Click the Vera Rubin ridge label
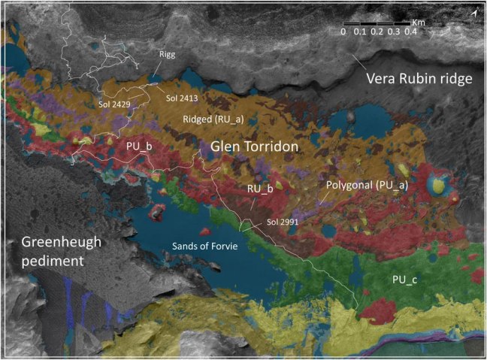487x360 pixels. pyautogui.click(x=418, y=79)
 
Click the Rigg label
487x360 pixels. pyautogui.click(x=166, y=55)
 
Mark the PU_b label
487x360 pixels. pyautogui.click(x=138, y=145)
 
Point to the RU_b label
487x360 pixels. pyautogui.click(x=259, y=188)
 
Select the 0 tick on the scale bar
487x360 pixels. pyautogui.click(x=343, y=32)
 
